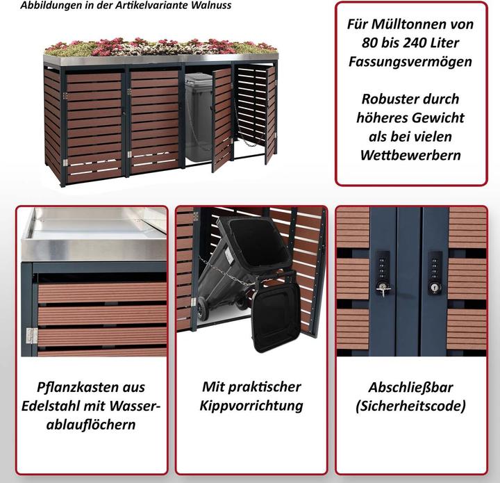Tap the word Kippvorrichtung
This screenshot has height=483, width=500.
click(251, 406)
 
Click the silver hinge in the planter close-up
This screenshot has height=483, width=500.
click(31, 336)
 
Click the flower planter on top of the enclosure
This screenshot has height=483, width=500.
click(160, 48)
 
